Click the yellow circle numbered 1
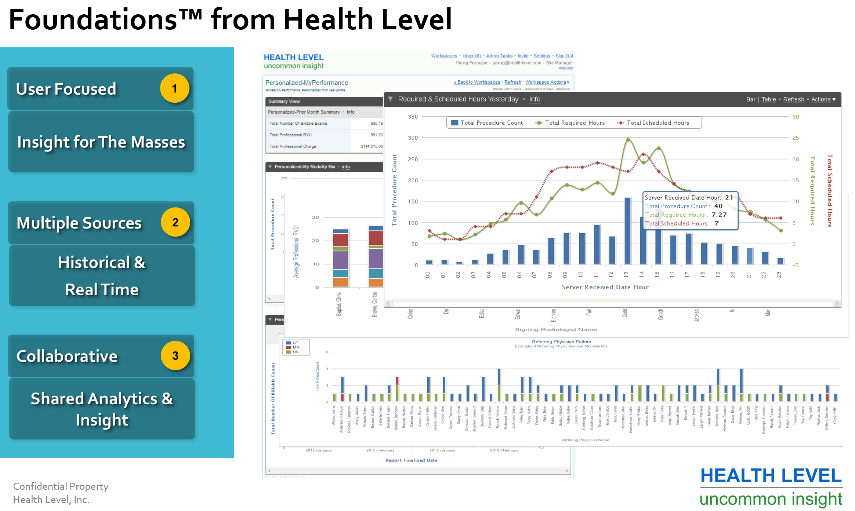pyautogui.click(x=175, y=88)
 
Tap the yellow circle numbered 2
pyautogui.click(x=175, y=222)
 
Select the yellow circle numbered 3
pyautogui.click(x=175, y=355)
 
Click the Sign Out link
pyautogui.click(x=564, y=56)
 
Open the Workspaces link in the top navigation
pyautogui.click(x=444, y=56)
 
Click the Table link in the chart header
pyautogui.click(x=768, y=99)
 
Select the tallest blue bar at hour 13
pyautogui.click(x=628, y=231)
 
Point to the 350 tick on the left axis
pyautogui.click(x=413, y=117)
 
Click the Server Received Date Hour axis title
pyautogui.click(x=605, y=287)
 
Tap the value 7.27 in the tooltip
pyautogui.click(x=719, y=215)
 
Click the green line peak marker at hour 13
pyautogui.click(x=628, y=140)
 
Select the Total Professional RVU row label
pyautogui.click(x=290, y=135)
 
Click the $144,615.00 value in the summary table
pyautogui.click(x=372, y=146)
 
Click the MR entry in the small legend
pyautogui.click(x=296, y=347)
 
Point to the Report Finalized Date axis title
pyautogui.click(x=411, y=460)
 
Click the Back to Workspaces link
pyautogui.click(x=477, y=82)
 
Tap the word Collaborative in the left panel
pyautogui.click(x=67, y=356)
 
